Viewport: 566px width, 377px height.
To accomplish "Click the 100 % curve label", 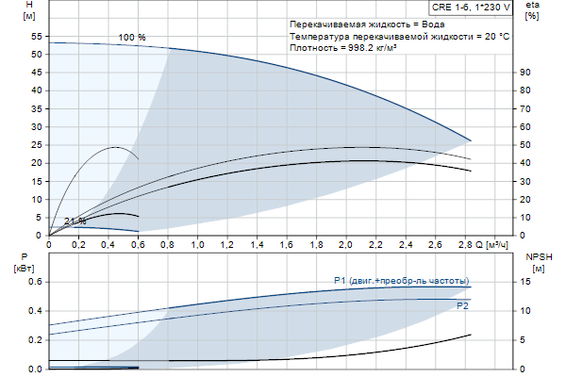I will coord(132,37).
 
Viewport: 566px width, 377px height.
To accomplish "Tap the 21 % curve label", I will coord(75,221).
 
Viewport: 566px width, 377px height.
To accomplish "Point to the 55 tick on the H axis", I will coord(38,36).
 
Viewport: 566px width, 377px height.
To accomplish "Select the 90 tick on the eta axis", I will coord(528,73).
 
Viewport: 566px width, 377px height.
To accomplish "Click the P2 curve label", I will coord(462,306).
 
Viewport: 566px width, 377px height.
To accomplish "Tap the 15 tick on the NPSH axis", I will coord(528,282).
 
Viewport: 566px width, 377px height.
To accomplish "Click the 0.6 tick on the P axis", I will coord(36,282).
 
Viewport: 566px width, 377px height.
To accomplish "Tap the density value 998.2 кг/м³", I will coord(370,48).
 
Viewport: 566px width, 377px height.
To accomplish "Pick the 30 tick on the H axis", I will coord(38,126).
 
